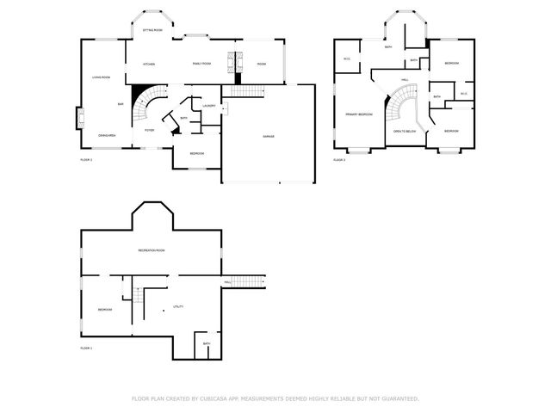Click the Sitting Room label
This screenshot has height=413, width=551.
click(152, 30)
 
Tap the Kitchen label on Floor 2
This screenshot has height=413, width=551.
click(149, 65)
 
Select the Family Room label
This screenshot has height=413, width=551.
click(201, 64)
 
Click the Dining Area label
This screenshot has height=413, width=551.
click(107, 135)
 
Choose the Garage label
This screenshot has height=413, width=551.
click(269, 136)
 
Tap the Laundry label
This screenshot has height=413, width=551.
click(208, 106)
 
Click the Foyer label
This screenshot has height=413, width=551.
click(149, 131)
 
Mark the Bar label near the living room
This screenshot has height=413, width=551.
click(121, 105)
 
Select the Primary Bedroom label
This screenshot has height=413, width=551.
click(358, 114)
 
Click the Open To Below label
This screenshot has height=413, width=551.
click(405, 131)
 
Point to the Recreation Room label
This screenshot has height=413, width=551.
click(151, 250)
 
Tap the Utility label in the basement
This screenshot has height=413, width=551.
click(178, 306)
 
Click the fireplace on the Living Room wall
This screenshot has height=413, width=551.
click(80, 117)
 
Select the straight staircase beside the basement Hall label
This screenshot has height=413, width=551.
click(250, 281)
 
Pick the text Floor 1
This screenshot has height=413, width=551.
click(86, 348)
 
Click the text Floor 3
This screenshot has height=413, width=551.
click(339, 160)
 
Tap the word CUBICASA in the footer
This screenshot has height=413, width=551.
click(215, 398)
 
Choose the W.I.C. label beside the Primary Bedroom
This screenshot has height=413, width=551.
click(347, 59)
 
